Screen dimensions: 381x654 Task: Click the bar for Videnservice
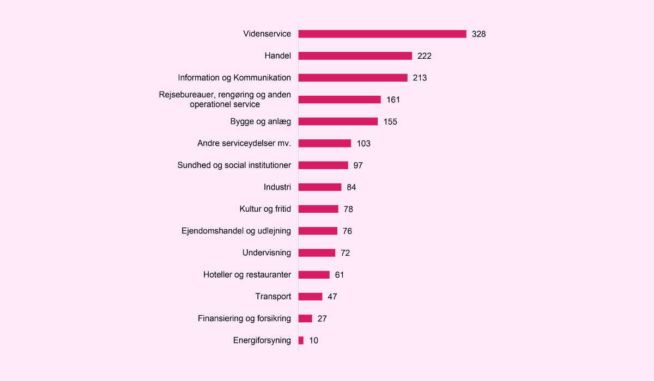[x=382, y=34]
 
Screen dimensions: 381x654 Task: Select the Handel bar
[x=355, y=56]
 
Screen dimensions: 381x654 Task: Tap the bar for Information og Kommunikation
[x=353, y=78]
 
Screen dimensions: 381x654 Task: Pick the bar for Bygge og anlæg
[x=338, y=121]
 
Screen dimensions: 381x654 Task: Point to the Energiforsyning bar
[x=301, y=340]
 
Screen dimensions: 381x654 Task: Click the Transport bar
[x=310, y=297]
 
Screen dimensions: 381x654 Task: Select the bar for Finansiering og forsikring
[x=305, y=318]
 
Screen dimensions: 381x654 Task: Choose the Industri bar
[x=320, y=187]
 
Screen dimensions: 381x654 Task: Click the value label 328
[x=479, y=34]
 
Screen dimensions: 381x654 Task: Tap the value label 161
[x=393, y=100]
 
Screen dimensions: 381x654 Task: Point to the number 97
[x=358, y=165]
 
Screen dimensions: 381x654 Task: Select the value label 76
[x=347, y=231]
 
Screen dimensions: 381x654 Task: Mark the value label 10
[x=313, y=340]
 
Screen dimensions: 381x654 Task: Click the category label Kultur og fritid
[x=265, y=209]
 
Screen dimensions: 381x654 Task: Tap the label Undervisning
[x=267, y=253]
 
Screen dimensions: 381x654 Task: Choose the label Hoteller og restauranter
[x=247, y=275]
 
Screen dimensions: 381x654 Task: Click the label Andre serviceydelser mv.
[x=244, y=144]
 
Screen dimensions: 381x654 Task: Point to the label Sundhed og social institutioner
[x=234, y=165]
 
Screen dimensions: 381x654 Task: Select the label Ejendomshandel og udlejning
[x=236, y=231]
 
